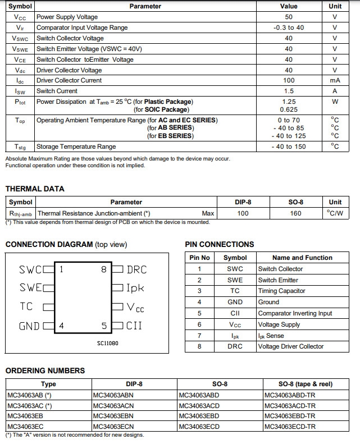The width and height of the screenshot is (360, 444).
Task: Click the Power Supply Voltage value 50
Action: tap(289, 17)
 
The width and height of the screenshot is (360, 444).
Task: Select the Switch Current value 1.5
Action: tap(289, 91)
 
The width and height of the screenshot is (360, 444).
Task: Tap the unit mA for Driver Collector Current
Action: tap(335, 80)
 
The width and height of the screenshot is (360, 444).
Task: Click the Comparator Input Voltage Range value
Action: tap(289, 28)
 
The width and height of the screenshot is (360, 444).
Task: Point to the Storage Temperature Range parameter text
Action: tap(76, 147)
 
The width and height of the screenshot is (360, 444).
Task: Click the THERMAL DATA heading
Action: tap(35, 189)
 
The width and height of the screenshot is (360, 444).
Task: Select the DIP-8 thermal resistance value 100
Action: tap(243, 213)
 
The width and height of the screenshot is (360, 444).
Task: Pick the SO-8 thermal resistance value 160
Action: tap(295, 213)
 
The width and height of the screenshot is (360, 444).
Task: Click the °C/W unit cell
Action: tap(335, 213)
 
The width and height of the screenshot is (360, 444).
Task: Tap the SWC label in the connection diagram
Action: tap(30, 269)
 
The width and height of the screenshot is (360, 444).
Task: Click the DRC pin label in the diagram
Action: tap(136, 269)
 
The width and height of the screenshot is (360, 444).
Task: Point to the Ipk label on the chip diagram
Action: tap(135, 288)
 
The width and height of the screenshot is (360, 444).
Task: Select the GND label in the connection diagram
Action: tap(29, 326)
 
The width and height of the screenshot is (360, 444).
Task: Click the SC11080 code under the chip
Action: tap(108, 343)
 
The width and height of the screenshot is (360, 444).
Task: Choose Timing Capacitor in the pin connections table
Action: tap(281, 291)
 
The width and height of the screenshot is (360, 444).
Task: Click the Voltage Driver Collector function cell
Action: tap(290, 346)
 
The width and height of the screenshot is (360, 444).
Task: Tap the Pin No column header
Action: tap(199, 258)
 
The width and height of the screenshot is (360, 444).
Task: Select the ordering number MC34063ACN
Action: tap(113, 405)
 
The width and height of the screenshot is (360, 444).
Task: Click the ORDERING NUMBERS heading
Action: tap(45, 370)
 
